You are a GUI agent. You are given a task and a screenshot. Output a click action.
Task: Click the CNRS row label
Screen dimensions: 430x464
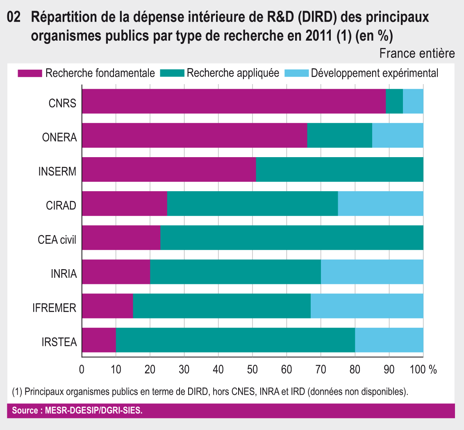pos(62,103)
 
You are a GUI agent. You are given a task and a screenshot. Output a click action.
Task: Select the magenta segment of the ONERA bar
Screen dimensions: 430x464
pos(194,135)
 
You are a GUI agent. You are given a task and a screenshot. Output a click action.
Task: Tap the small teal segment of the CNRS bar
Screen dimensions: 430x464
pos(394,101)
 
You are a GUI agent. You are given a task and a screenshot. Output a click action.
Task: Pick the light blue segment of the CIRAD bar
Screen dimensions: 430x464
pos(380,204)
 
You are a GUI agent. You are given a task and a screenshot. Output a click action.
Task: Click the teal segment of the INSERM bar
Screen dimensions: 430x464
pos(339,169)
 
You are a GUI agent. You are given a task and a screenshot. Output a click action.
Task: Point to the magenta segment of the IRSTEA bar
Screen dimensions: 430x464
pos(99,340)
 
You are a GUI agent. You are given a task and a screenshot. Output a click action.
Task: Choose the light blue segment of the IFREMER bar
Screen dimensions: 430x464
pos(367,306)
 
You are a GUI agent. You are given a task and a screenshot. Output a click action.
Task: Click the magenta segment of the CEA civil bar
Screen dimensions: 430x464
pos(121,238)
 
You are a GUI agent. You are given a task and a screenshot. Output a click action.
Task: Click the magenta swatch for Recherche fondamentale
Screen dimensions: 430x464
pos(30,73)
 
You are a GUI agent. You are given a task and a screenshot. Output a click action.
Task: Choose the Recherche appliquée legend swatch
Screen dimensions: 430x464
pos(172,73)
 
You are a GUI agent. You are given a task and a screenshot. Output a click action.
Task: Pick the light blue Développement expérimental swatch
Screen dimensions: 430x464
pos(296,73)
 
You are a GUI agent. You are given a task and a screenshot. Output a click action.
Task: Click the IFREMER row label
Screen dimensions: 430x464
pos(55,308)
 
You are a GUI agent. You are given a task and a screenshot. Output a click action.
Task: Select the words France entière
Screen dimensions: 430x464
pos(417,54)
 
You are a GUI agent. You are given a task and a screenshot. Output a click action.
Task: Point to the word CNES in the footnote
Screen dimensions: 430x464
pos(243,391)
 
